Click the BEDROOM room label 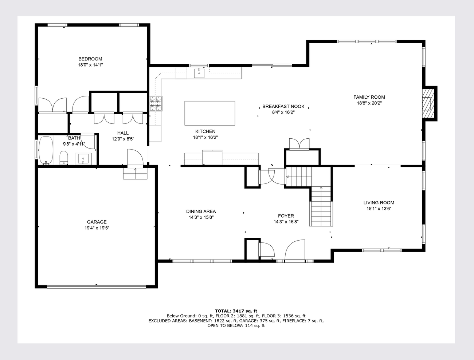pyautogui.click(x=90, y=59)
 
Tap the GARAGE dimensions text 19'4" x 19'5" pyautogui.click(x=97, y=228)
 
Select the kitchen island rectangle pyautogui.click(x=210, y=113)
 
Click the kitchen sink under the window pyautogui.click(x=199, y=73)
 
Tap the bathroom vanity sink pyautogui.click(x=83, y=159)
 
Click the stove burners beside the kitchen pyautogui.click(x=156, y=103)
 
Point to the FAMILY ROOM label pyautogui.click(x=369, y=97)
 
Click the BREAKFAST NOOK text pyautogui.click(x=283, y=107)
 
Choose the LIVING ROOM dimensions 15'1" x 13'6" pyautogui.click(x=379, y=209)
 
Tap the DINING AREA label pyautogui.click(x=201, y=211)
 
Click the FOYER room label pyautogui.click(x=286, y=216)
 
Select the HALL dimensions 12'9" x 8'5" pyautogui.click(x=123, y=139)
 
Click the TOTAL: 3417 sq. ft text pyautogui.click(x=236, y=311)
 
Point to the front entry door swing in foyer pyautogui.click(x=295, y=251)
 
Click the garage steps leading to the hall pyautogui.click(x=135, y=173)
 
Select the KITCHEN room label pyautogui.click(x=205, y=131)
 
